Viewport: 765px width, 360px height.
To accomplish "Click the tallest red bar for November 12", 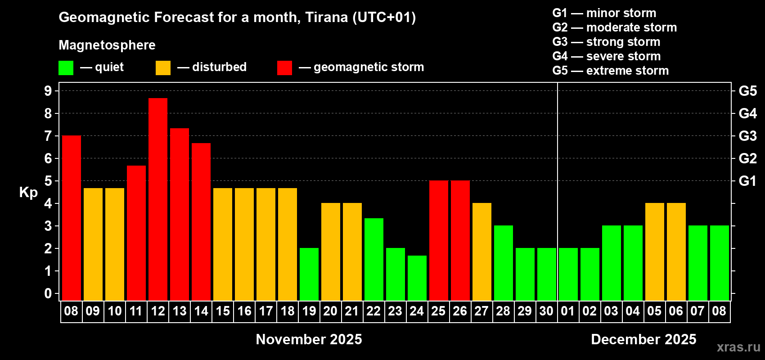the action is point(158,199).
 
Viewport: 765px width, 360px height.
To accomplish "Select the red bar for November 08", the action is point(72,218).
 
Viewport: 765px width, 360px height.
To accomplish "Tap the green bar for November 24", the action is point(417,278).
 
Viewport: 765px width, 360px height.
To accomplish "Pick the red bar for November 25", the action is point(438,240).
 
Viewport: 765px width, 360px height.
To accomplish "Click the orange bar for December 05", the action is point(655,252).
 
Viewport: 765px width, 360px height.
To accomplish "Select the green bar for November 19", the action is point(309,274).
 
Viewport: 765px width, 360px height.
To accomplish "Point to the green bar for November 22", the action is point(374,259).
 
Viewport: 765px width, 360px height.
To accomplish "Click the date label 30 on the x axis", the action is point(546,311).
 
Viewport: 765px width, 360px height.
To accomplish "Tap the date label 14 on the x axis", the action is point(201,311).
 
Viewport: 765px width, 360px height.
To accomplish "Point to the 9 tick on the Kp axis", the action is point(48,91).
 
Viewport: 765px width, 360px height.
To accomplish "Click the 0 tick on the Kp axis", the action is point(48,293).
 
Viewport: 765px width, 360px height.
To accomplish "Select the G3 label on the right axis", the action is point(747,136).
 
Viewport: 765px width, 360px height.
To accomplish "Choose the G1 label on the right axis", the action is point(747,181).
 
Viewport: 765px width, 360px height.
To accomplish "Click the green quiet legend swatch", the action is point(66,67).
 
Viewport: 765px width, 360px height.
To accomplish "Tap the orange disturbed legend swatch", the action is point(163,67).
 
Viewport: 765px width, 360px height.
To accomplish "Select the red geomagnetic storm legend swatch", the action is point(284,67).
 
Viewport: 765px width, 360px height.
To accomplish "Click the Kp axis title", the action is point(28,193).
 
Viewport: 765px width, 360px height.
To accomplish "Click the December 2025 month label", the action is point(643,339).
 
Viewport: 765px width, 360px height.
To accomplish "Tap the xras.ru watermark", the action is point(738,347).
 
